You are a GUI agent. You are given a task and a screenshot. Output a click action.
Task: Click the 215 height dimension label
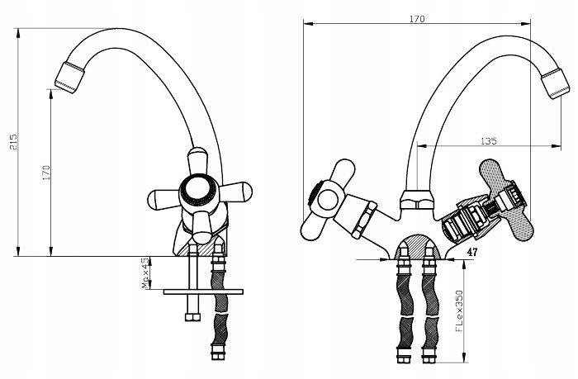pos(13,142)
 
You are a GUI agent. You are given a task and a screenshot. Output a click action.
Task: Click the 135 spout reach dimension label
pos(489,141)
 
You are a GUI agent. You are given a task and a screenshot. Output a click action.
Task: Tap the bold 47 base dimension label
pos(471,252)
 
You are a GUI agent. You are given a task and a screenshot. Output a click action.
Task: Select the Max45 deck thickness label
pos(146,273)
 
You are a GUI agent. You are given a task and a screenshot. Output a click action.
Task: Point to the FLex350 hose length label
pos(459,310)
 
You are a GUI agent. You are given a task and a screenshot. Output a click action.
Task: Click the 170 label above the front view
pos(417,19)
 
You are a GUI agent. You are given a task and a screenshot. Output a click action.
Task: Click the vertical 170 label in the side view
pos(46,173)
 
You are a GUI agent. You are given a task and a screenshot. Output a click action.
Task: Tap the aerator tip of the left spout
pos(69,78)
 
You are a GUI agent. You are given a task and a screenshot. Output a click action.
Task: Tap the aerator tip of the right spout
pos(555,83)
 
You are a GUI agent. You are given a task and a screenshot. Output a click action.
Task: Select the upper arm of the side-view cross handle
pos(197,162)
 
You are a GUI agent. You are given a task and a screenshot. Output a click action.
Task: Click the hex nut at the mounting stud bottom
pos(192,317)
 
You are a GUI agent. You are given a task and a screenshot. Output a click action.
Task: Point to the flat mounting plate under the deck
pos(203,291)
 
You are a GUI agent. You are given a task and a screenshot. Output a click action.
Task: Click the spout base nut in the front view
pos(416,200)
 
